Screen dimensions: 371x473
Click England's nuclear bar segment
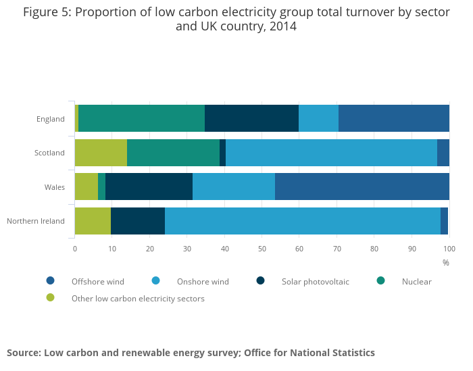141,119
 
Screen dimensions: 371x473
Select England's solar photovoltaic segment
251,119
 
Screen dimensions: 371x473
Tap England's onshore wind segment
318,119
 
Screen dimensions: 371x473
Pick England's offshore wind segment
394,119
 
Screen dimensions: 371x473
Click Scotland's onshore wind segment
331,153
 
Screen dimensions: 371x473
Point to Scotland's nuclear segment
173,153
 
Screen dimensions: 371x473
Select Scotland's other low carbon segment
101,153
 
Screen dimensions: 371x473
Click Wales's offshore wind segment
362,187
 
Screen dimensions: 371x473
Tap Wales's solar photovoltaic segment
149,187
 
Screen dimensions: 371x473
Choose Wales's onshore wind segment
234,187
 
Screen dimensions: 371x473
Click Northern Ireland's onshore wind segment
303,221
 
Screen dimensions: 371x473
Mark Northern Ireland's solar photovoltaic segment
138,221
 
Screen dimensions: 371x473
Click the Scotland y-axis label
49,153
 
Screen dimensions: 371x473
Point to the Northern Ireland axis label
36,221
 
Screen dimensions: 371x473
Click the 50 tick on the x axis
262,249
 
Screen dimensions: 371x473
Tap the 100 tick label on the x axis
447,249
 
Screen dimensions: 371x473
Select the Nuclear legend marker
381,280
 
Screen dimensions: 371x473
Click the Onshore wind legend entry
203,282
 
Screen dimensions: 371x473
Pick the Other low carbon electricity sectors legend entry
138,299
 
